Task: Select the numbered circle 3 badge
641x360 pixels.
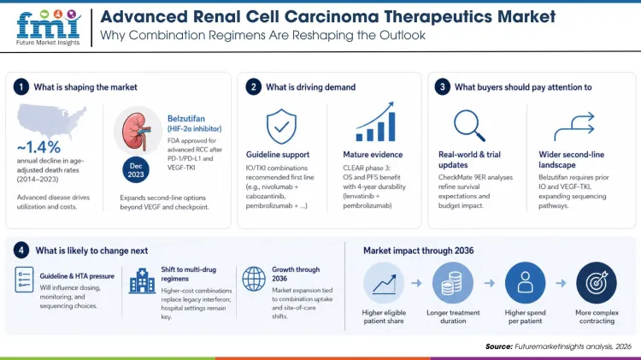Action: pyautogui.click(x=441, y=86)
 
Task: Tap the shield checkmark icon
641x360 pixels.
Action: pyautogui.click(x=281, y=126)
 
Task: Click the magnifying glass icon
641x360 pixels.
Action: pyautogui.click(x=469, y=126)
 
